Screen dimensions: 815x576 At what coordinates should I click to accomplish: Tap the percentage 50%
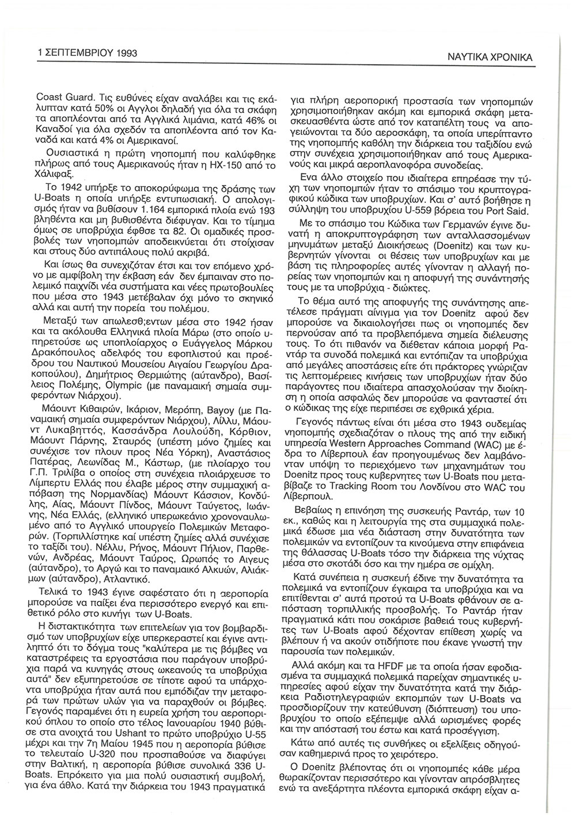click(x=80, y=108)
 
